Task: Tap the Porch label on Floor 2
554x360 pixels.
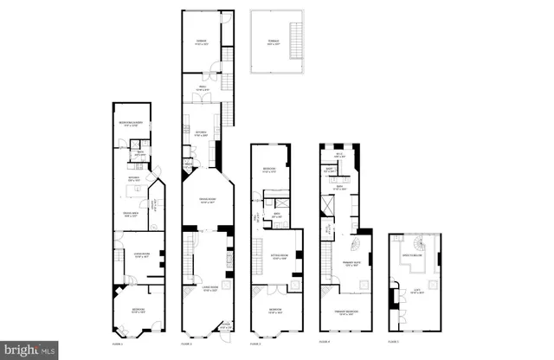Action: (227, 327)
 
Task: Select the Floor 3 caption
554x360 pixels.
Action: (255, 343)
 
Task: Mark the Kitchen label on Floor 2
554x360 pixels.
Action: (200, 135)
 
